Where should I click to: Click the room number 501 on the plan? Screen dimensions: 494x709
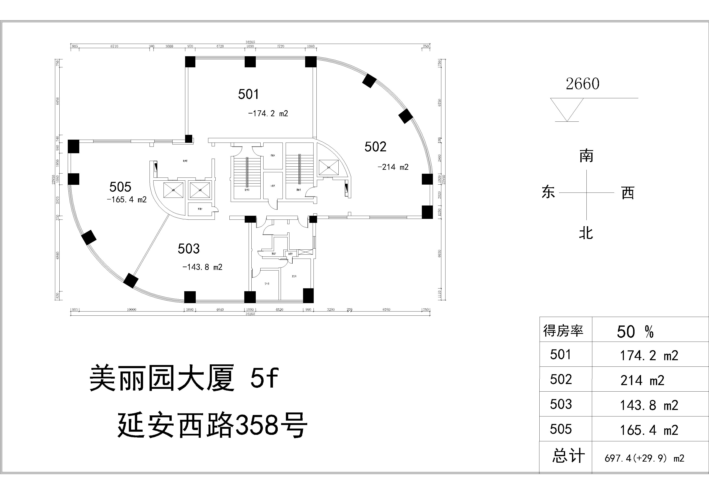coord(248,94)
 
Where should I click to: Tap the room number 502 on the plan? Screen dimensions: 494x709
coord(375,147)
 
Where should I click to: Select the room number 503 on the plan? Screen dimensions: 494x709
coord(189,249)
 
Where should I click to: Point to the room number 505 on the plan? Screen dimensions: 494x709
coord(120,187)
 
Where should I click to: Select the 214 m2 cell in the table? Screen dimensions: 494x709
coord(642,380)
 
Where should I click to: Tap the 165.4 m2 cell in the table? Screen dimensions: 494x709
coord(649,430)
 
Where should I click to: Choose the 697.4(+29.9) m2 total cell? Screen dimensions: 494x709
coord(644,458)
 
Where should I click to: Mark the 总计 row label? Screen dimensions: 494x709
coord(568,456)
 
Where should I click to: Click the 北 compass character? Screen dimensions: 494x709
coord(586,233)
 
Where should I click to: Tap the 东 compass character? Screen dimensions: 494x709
coord(548,192)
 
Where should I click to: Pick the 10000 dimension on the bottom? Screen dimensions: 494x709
coord(132,309)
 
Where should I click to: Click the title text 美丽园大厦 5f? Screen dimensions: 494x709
coord(184,378)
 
